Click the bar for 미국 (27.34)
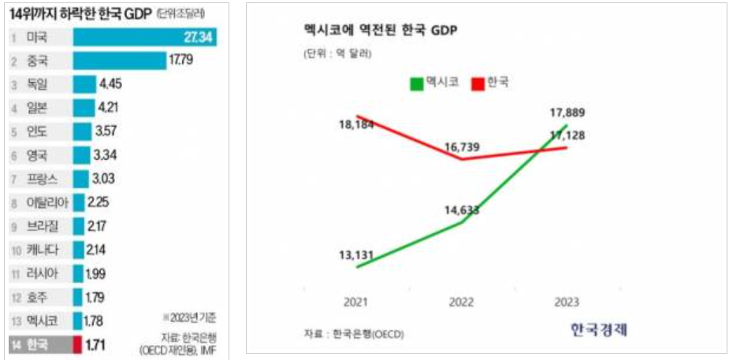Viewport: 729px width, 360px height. click(145, 37)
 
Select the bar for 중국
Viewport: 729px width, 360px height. click(119, 61)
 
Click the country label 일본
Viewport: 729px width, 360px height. click(36, 108)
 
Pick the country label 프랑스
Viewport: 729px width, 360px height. click(41, 179)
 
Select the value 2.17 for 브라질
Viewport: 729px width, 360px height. click(99, 226)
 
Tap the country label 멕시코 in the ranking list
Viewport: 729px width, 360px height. click(41, 321)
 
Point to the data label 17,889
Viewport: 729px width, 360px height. click(567, 113)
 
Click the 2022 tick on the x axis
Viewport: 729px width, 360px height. click(462, 302)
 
